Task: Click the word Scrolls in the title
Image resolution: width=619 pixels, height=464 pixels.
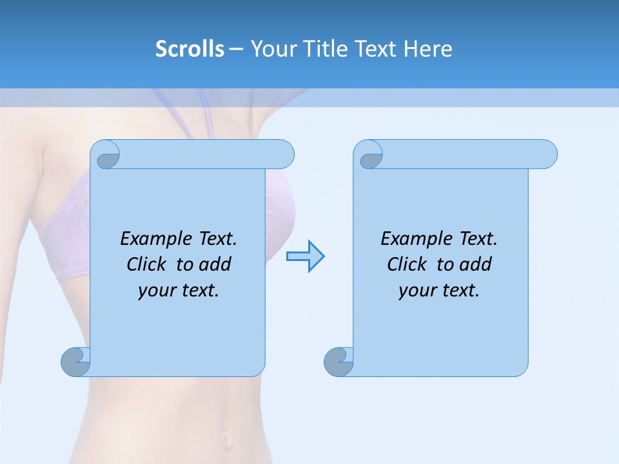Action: (x=190, y=49)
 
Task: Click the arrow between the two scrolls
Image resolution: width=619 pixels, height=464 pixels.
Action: (x=305, y=256)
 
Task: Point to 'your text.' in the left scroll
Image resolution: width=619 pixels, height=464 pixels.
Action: (x=179, y=291)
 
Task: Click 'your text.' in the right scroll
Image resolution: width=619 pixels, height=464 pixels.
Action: (x=439, y=291)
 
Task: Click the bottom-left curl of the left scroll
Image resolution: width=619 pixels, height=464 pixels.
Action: (x=75, y=362)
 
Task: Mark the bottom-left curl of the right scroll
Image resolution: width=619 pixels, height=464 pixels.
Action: (x=339, y=362)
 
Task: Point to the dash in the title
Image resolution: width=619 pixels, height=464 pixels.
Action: (x=236, y=49)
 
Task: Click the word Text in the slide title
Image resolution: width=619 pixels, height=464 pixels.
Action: (x=377, y=49)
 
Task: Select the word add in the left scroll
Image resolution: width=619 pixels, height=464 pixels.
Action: (x=215, y=265)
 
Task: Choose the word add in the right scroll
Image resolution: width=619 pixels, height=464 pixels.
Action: (x=476, y=265)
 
